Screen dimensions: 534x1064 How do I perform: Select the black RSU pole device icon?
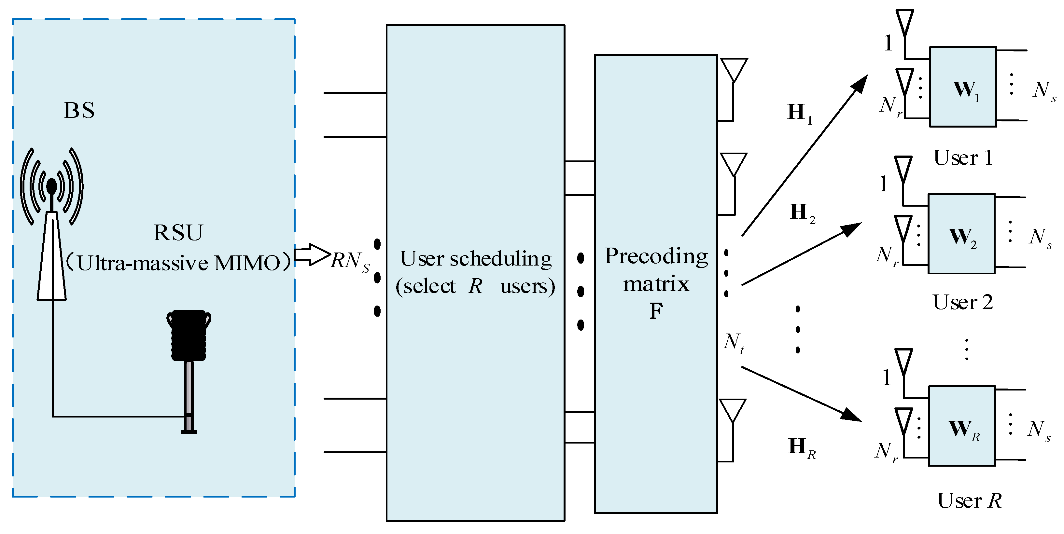(189, 363)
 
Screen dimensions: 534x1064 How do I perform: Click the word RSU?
(178, 232)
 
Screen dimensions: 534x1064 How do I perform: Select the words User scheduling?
(475, 259)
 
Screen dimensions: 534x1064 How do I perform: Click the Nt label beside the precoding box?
(734, 343)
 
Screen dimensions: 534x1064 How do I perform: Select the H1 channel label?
(799, 113)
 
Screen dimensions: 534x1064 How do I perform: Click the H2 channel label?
(802, 213)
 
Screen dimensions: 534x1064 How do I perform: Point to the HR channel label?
(801, 447)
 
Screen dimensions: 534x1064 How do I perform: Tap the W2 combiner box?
(961, 234)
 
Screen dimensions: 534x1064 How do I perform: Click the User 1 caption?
(963, 157)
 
